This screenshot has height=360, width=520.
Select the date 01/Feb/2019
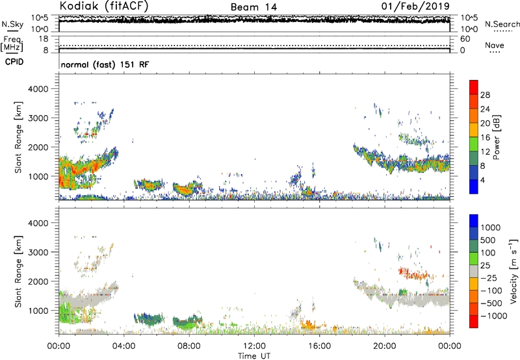[x=421, y=6]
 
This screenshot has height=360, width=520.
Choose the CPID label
[x=15, y=63]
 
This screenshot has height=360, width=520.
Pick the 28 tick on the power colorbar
[x=486, y=95]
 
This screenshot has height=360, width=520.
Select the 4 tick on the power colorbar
[x=483, y=179]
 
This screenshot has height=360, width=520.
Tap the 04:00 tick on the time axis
[x=123, y=345]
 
